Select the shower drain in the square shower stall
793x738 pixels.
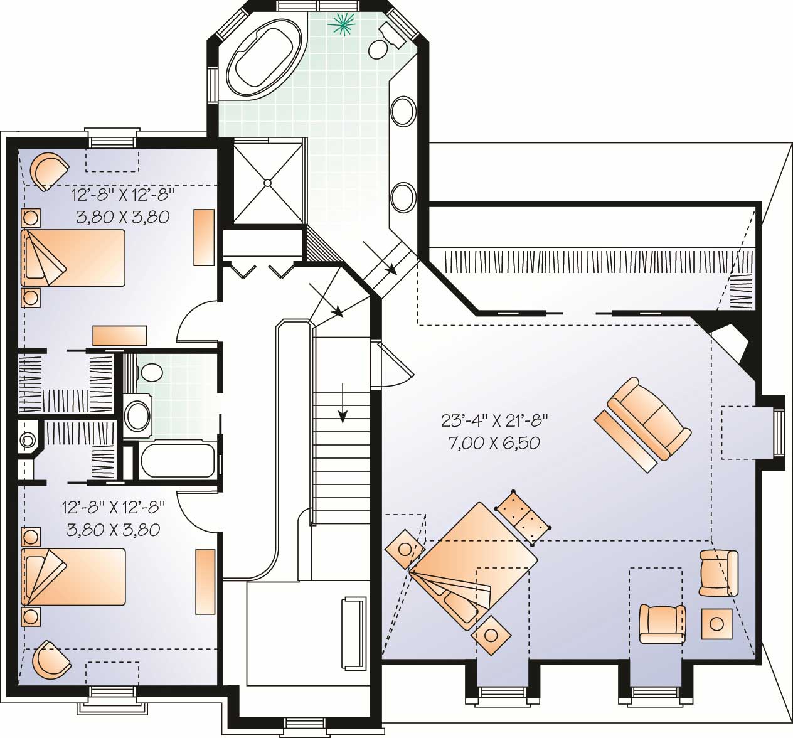267,183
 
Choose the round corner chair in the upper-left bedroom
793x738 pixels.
49,169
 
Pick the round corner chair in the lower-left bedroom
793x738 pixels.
50,659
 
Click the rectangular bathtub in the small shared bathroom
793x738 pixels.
178,461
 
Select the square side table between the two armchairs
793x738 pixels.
716,623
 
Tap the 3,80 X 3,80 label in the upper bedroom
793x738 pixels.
123,217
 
